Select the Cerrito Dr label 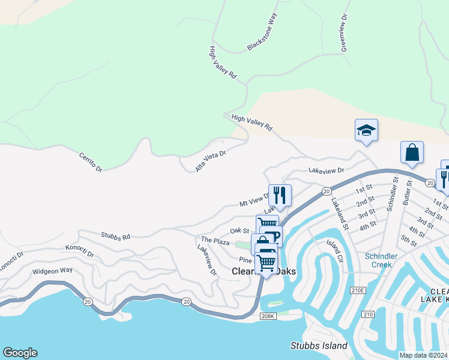[91, 162]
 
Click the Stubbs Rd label [115, 237]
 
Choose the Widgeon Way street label [52, 271]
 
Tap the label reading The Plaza [215, 241]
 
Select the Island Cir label [334, 252]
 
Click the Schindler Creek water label [381, 260]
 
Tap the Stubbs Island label [319, 346]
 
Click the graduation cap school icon [366, 130]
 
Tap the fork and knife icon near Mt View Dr [280, 194]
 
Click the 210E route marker [358, 290]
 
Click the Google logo [20, 353]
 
